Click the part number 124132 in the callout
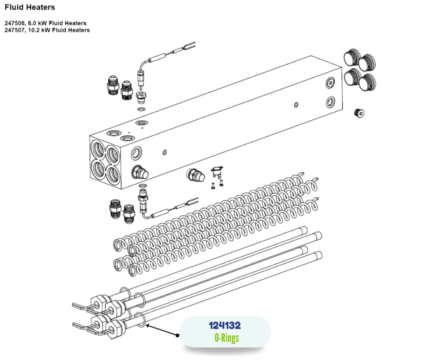[x=225, y=325]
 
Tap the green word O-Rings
[x=226, y=338]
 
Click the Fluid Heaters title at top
[x=30, y=7]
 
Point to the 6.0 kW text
[x=37, y=23]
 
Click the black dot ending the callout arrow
[x=178, y=335]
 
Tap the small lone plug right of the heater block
[x=359, y=113]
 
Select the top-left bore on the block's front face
[x=98, y=149]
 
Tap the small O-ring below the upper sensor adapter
[x=141, y=110]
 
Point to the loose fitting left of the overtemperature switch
[x=195, y=175]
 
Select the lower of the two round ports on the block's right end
[x=330, y=102]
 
